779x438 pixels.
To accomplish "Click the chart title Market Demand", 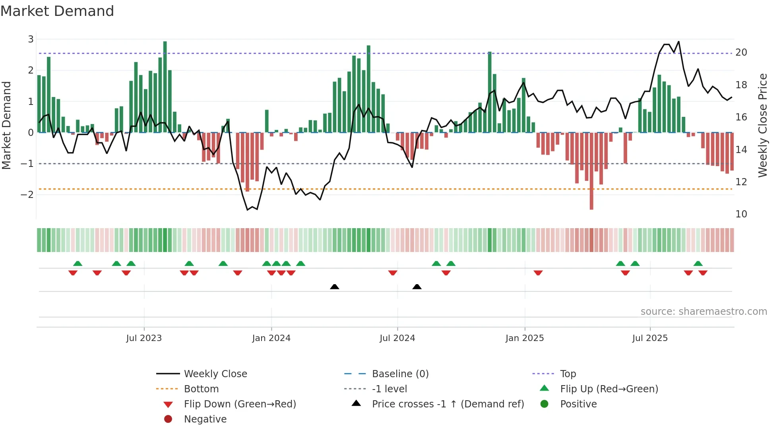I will pos(57,11).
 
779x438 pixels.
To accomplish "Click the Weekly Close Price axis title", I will pos(762,125).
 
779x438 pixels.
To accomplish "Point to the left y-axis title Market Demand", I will pos(6,125).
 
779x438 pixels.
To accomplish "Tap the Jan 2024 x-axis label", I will pos(271,338).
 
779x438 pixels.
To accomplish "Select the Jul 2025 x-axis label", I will pos(650,338).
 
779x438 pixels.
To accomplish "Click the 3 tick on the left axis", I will pos(31,39).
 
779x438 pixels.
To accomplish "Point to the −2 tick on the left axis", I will pos(27,194).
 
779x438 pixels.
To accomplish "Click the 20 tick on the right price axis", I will pos(741,52).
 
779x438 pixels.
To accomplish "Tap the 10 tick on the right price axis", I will pos(741,214).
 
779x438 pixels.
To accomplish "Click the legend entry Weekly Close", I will pos(215,374).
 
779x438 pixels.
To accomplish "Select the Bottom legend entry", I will pos(201,389).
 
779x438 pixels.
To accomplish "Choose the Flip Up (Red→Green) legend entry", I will pos(609,389).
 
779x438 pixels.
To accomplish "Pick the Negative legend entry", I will pos(205,419).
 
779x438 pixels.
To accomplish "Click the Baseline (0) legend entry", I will pos(400,374).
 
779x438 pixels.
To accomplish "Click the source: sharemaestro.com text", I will pos(703,312).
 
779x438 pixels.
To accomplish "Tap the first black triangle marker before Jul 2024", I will pos(335,287).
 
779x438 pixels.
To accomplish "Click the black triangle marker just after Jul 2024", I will pos(417,287).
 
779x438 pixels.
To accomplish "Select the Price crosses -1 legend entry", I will pos(448,404).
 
